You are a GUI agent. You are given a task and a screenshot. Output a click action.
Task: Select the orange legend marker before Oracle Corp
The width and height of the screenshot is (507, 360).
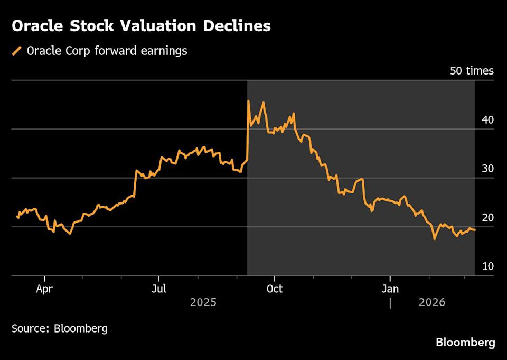tap(17, 51)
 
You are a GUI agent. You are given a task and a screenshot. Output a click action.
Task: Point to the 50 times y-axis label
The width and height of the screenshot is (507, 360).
tap(472, 71)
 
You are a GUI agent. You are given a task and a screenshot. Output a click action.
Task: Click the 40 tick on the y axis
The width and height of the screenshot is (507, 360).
tap(487, 120)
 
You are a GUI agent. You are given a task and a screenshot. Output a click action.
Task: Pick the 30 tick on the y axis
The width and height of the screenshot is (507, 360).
tap(487, 169)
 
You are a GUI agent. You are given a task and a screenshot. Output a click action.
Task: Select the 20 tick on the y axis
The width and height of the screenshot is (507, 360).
tap(487, 218)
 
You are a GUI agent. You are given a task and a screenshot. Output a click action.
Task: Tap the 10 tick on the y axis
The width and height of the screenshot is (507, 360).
tap(487, 266)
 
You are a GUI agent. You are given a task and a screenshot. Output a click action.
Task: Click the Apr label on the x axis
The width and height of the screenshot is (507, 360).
tap(45, 289)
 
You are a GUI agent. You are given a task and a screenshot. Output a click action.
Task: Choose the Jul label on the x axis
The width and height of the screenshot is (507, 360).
tap(159, 289)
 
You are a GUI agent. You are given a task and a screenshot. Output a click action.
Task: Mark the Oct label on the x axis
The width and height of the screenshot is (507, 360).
tap(274, 289)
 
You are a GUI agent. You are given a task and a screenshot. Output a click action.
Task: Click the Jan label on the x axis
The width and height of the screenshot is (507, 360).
tap(390, 289)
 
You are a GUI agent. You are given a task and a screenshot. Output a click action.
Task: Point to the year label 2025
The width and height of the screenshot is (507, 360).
tap(203, 303)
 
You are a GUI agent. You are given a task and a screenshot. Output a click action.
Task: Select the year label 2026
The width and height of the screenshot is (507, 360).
tap(432, 303)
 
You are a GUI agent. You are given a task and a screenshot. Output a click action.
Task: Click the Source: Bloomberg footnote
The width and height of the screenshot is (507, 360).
tap(60, 328)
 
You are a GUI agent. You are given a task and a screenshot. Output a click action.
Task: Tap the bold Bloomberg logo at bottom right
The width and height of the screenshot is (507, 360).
tap(465, 343)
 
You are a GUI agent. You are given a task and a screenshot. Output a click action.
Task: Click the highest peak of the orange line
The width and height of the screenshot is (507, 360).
tap(248, 101)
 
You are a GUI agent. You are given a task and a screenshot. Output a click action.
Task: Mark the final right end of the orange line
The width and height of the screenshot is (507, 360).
tap(475, 230)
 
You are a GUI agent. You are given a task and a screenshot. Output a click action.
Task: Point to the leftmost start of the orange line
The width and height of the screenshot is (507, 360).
tap(17, 216)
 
